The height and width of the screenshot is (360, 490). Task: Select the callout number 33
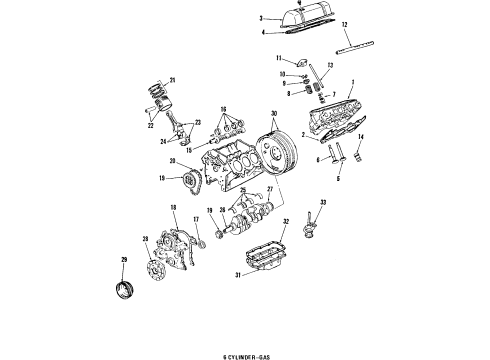pos(322,204)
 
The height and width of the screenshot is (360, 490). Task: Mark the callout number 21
pos(173,79)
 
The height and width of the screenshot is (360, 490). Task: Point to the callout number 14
pos(362,135)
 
